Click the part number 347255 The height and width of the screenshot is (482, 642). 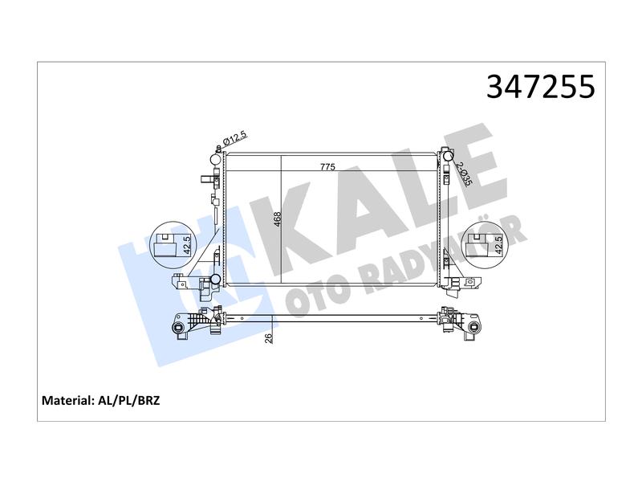(540, 87)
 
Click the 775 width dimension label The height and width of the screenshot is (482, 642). (327, 167)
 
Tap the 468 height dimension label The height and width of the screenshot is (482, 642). (277, 219)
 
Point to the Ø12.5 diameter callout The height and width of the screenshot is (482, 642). (235, 138)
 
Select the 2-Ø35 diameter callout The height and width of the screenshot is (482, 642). (464, 174)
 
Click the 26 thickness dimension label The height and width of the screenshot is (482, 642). (269, 338)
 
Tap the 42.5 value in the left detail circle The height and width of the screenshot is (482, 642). (187, 245)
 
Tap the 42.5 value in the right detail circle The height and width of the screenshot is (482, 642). (498, 245)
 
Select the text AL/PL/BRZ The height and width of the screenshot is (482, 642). (128, 400)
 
